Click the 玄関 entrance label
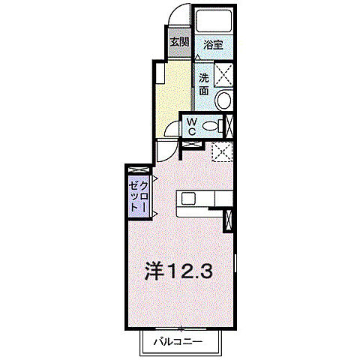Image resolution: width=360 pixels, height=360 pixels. pyautogui.click(x=178, y=41)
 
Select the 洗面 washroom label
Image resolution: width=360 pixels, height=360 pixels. pyautogui.click(x=204, y=82)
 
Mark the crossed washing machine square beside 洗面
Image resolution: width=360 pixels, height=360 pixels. pyautogui.click(x=223, y=76)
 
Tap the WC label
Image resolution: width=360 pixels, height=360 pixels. pyautogui.click(x=192, y=126)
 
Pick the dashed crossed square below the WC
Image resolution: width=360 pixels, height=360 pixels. pyautogui.click(x=220, y=151)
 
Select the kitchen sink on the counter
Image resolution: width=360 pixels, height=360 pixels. pyautogui.click(x=187, y=198)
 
